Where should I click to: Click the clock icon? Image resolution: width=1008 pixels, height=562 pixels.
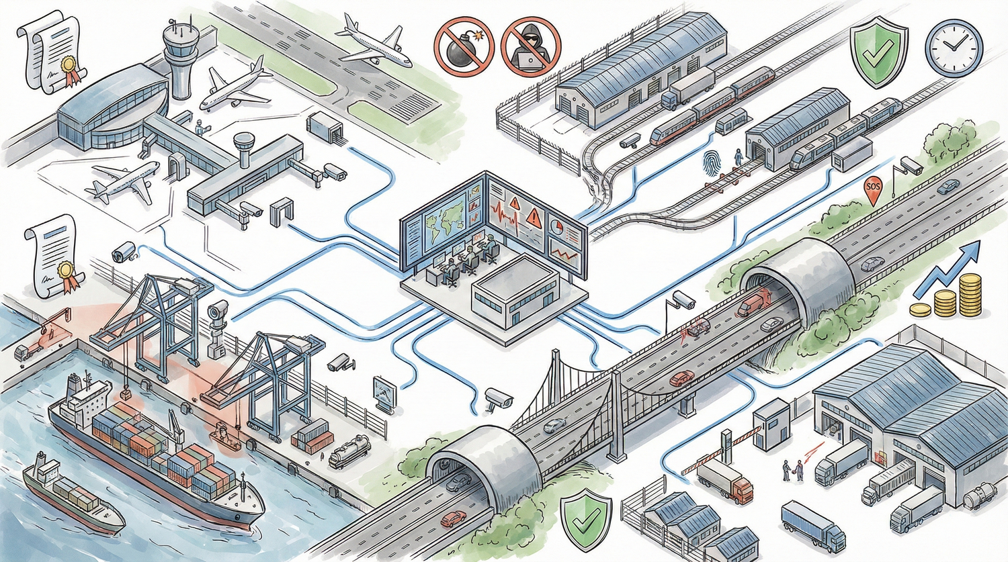click(954, 47)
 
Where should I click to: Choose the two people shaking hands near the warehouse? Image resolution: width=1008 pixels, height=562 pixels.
click(793, 469)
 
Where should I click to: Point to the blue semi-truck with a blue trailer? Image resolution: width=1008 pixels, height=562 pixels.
click(813, 526)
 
